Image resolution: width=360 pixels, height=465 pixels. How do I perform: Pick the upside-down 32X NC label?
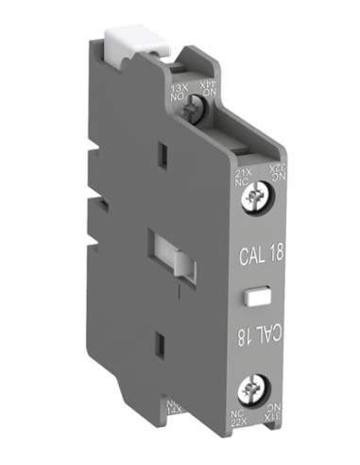click(275, 173)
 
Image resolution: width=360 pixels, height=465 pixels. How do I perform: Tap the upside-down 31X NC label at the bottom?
click(275, 415)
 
